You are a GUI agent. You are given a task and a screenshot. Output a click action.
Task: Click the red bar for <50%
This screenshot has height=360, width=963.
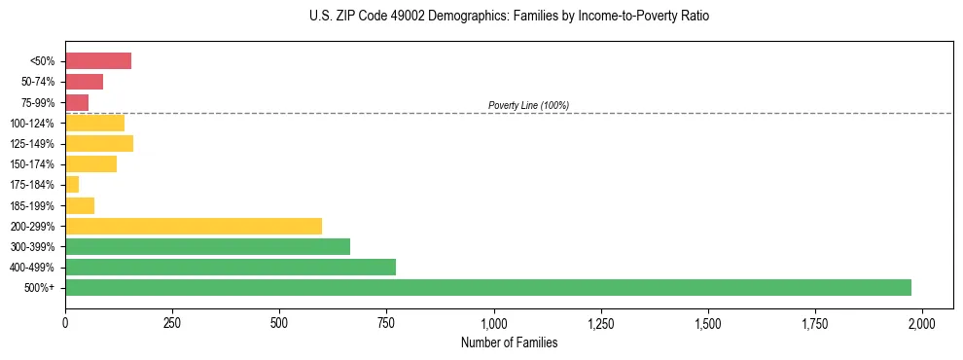click(x=98, y=61)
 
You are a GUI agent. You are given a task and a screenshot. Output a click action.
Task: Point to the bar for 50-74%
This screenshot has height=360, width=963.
click(x=84, y=82)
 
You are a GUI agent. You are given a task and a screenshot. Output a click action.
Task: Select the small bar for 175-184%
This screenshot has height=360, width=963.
click(x=72, y=185)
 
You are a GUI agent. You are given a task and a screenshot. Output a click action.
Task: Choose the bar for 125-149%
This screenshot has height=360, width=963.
click(x=99, y=144)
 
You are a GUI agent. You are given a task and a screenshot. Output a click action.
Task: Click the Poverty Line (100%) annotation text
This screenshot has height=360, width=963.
click(x=528, y=105)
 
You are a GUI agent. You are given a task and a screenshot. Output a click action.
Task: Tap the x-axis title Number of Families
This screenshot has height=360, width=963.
click(x=509, y=342)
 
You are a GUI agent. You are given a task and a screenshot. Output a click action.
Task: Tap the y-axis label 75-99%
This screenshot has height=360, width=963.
click(x=38, y=103)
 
